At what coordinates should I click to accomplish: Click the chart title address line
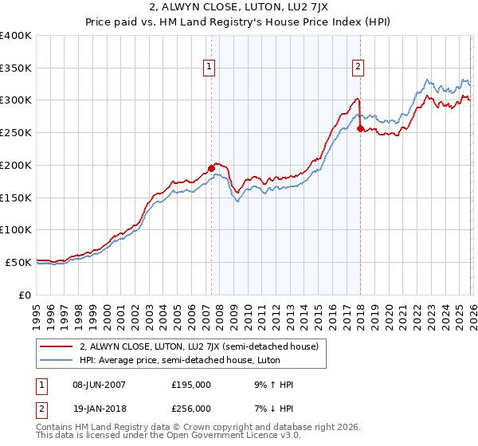238,8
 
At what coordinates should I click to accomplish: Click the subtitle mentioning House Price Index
238,22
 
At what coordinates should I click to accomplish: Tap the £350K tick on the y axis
16,68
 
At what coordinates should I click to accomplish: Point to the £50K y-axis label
18,262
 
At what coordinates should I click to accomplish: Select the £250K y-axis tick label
16,132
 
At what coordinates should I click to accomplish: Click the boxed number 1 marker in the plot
210,68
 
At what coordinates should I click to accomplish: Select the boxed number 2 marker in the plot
358,68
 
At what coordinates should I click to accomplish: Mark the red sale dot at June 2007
211,168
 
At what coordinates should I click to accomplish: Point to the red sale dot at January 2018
361,128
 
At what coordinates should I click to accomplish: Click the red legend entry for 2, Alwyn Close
198,346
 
